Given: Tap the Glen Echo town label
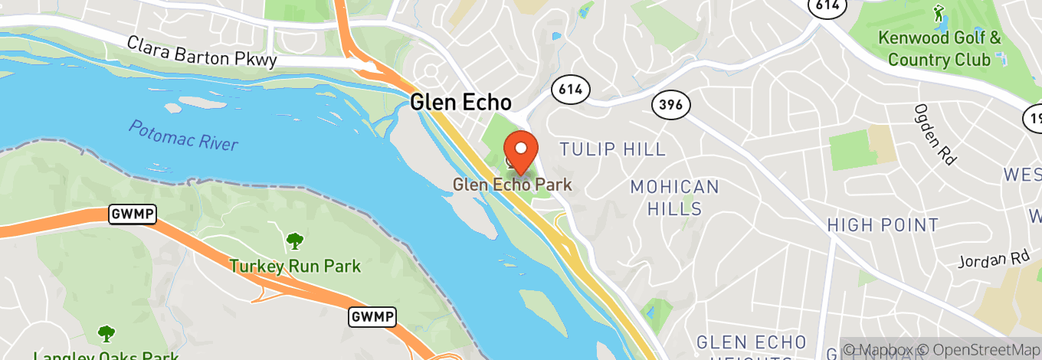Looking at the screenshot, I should [x=460, y=102].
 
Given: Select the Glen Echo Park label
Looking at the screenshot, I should [x=512, y=185].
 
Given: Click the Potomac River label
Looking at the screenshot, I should [x=183, y=136].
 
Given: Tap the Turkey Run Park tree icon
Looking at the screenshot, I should [x=294, y=242].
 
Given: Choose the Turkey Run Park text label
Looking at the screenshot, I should [x=295, y=267].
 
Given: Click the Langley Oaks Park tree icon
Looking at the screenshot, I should [x=106, y=334].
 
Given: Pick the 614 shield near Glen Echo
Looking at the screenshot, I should [x=570, y=90].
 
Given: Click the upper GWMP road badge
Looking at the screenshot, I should [x=133, y=215].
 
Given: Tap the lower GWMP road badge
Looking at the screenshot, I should [x=372, y=316].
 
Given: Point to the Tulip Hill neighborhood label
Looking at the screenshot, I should [x=612, y=149].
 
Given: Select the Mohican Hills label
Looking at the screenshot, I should [x=674, y=197].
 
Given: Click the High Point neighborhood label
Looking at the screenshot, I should [x=883, y=224].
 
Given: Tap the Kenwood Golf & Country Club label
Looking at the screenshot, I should [x=939, y=48].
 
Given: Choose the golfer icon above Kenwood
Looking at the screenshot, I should [x=939, y=13].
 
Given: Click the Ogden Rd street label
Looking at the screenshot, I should [x=932, y=135].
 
